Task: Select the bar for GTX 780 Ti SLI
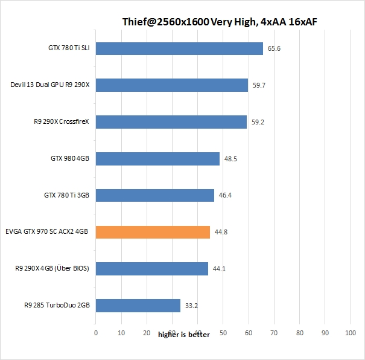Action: (x=179, y=48)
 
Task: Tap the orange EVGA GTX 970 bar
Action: (x=153, y=232)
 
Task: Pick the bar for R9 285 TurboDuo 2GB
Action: (x=138, y=306)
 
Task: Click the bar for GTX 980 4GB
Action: (x=157, y=159)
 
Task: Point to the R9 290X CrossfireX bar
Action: (x=171, y=122)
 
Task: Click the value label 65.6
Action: (x=275, y=48)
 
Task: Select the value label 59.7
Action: (x=259, y=85)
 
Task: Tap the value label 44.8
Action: (x=221, y=232)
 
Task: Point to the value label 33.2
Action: (x=192, y=306)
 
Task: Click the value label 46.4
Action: (x=226, y=195)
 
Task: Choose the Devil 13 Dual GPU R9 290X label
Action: (x=50, y=85)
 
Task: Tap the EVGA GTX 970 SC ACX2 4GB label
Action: (x=47, y=232)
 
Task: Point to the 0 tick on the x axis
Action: (x=95, y=333)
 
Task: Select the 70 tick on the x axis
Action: (x=275, y=333)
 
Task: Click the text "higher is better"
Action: (x=184, y=335)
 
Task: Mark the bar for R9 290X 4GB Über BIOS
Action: (x=151, y=269)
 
